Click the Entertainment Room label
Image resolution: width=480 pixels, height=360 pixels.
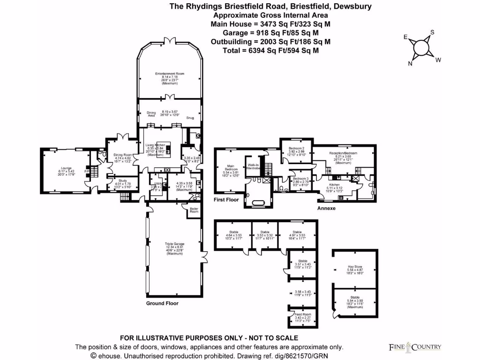pos(170,74)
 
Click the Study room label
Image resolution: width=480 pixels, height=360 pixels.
pos(123,180)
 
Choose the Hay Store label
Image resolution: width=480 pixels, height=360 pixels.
pos(354,267)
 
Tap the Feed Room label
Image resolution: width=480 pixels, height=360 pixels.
pos(303,315)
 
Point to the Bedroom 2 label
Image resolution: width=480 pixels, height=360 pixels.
pos(296,148)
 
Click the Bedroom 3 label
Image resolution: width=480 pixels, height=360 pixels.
pos(300,179)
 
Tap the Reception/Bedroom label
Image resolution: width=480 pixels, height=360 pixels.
pos(344,154)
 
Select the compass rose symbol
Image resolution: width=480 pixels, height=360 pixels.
pos(421,47)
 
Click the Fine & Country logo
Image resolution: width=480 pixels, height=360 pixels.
pos(415,347)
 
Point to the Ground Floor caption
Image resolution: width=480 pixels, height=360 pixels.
pos(162,303)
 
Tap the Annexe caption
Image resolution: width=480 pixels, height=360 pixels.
pos(326,208)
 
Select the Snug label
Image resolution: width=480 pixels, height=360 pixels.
pos(190,118)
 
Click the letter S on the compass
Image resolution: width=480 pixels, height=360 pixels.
pos(432,32)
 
